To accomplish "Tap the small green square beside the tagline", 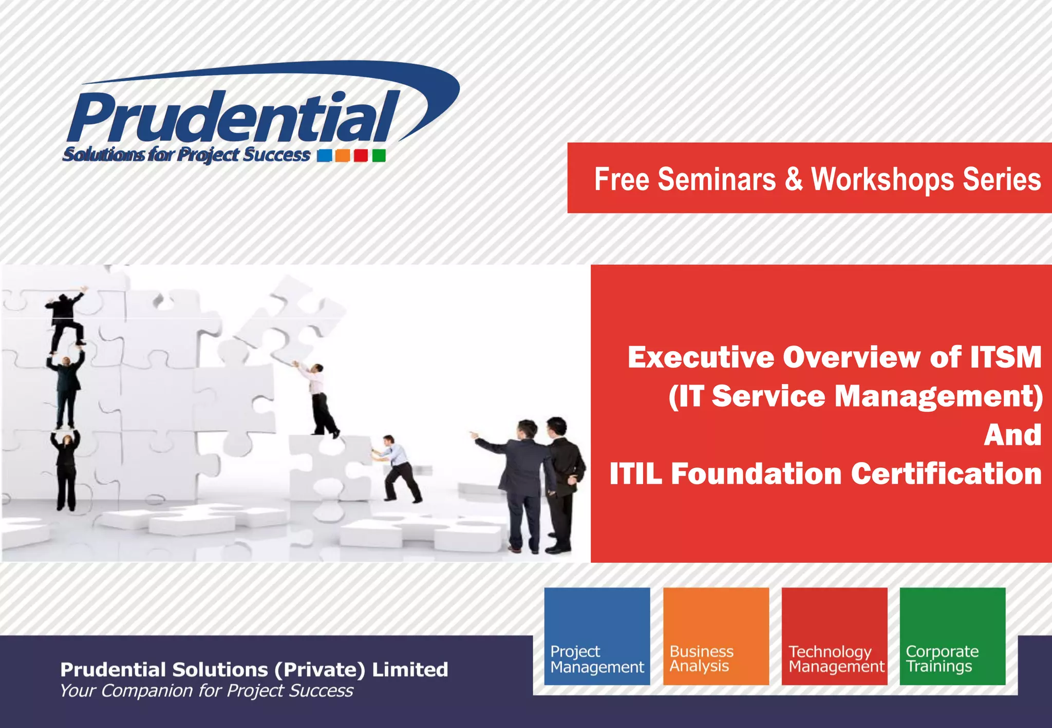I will [379, 156].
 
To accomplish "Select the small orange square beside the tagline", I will [343, 156].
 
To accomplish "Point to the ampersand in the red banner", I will [793, 179].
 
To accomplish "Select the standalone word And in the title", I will [1012, 435].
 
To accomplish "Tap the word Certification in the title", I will [946, 473].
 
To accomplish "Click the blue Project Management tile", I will [597, 636].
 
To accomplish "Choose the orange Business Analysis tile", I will [716, 636].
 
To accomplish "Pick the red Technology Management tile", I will [834, 636].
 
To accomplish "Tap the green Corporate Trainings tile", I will [952, 636].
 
